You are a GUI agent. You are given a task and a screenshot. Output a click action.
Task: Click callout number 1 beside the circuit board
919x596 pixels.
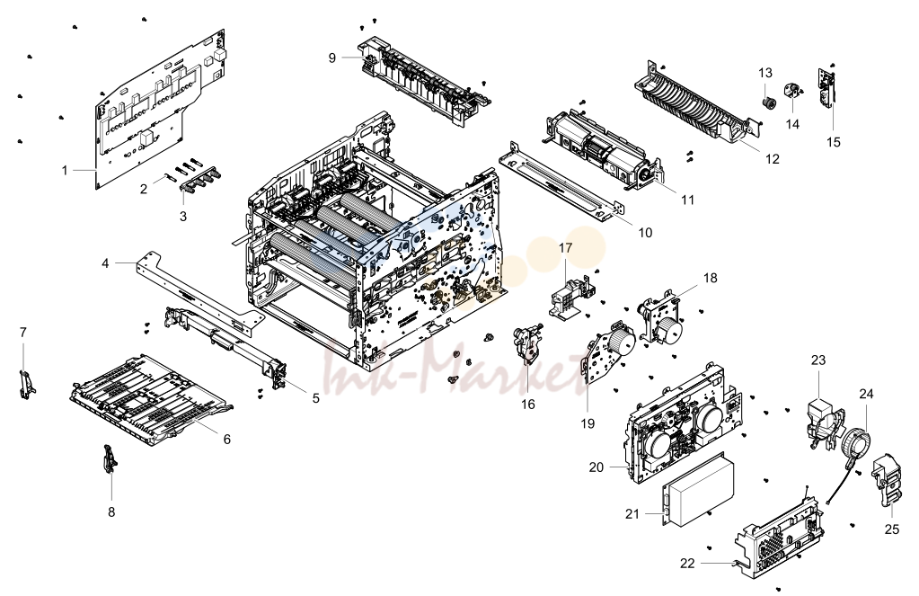(x=65, y=171)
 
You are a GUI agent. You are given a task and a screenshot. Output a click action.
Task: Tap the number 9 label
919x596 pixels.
(x=332, y=58)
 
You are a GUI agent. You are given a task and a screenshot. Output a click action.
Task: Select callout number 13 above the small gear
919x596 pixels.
(x=765, y=73)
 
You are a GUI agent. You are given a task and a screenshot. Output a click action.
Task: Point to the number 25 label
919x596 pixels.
(x=891, y=529)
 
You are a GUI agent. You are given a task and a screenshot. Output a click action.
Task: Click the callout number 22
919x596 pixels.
(x=687, y=563)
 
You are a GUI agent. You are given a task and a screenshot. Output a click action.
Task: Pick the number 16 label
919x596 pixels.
(x=528, y=405)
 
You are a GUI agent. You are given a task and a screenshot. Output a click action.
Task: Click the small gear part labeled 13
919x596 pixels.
(x=769, y=104)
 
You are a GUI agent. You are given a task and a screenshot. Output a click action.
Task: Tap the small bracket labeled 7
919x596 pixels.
(x=26, y=384)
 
